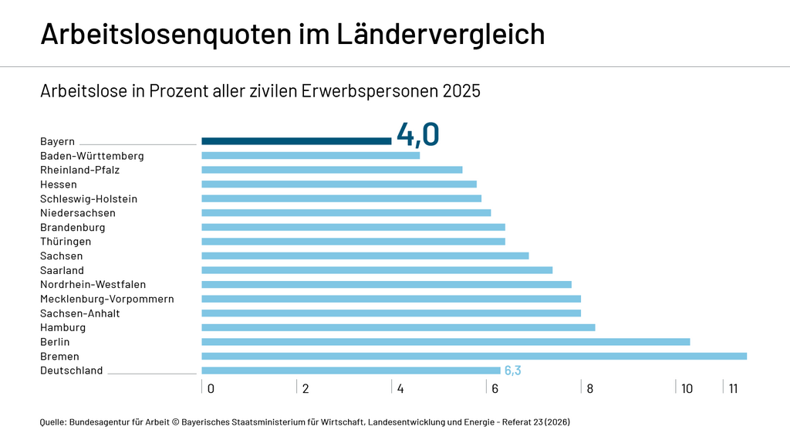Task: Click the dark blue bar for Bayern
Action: click(296, 141)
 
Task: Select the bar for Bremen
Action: click(474, 356)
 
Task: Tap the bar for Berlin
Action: click(445, 342)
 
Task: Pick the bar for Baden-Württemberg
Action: click(310, 155)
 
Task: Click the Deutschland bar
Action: click(350, 371)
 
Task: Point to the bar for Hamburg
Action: click(398, 327)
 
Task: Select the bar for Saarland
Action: click(376, 270)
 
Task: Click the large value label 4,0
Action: click(417, 134)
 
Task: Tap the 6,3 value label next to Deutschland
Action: click(512, 371)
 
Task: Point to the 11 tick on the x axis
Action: click(733, 388)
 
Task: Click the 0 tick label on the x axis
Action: click(211, 388)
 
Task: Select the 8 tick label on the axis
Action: click(589, 388)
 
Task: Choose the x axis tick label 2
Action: click(306, 388)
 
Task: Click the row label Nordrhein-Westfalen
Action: click(93, 285)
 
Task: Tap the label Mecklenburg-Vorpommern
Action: click(106, 299)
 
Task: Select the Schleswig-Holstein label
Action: click(89, 198)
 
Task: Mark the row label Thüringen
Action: click(66, 242)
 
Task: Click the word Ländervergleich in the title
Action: click(441, 34)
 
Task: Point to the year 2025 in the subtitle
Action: click(461, 91)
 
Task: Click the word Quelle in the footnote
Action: click(52, 422)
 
